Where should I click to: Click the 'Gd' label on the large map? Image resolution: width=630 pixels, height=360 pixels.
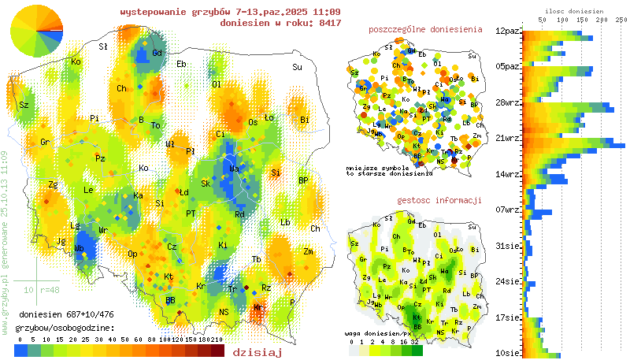click(x=157, y=53)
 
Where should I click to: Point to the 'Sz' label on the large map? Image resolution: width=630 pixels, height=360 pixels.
click(x=24, y=105)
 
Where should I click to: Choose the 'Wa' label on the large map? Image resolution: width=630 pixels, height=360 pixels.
click(x=234, y=169)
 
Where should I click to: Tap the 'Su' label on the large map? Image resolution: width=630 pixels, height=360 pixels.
click(x=297, y=67)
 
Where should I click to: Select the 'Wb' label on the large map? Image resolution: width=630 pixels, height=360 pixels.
click(x=80, y=249)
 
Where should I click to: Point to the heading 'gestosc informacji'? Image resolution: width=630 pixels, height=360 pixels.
click(x=439, y=200)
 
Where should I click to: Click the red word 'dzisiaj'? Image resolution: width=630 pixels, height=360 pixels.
click(x=258, y=352)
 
